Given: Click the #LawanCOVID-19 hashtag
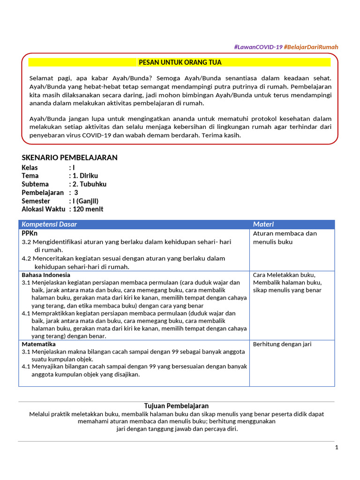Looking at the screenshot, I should tap(258, 47).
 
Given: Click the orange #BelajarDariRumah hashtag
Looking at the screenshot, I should tap(311, 47).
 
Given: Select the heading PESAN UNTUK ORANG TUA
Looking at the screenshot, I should tap(180, 62).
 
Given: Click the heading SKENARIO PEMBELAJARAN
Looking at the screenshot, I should tap(70, 157).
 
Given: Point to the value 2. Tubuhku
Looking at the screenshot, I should tap(89, 184).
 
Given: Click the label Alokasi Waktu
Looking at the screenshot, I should tap(44, 209).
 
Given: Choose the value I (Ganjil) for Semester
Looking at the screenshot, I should tap(85, 201).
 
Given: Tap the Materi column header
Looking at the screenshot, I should tap(263, 224).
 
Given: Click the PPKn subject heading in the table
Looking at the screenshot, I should tap(30, 233).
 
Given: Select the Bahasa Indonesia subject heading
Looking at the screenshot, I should tap(46, 275).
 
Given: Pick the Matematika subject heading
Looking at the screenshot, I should tap(39, 344).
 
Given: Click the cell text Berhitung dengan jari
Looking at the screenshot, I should tap(282, 344).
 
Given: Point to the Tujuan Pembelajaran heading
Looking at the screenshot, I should tap(176, 406).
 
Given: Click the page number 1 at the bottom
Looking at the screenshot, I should tap(337, 447).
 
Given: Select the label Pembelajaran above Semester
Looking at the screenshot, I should tap(43, 193).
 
